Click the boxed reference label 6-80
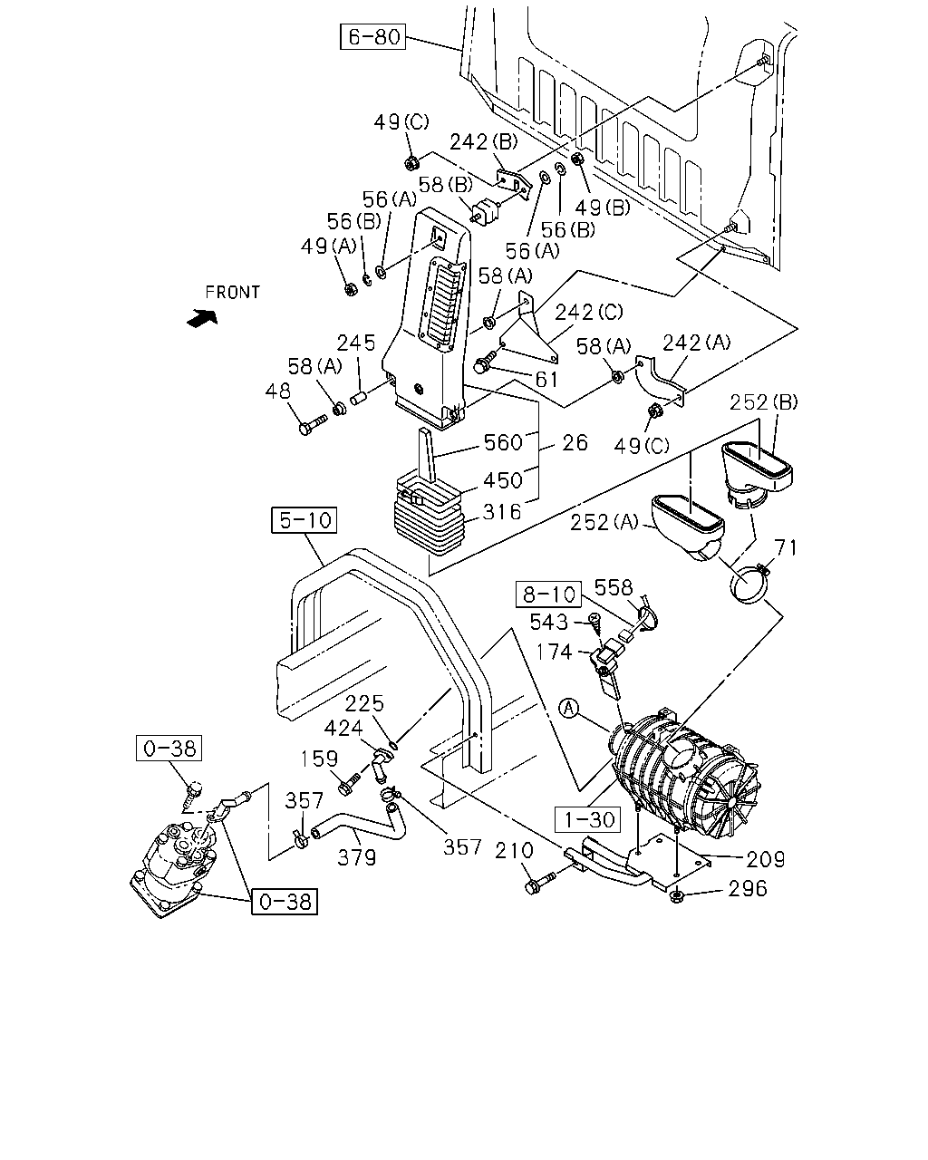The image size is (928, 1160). tap(372, 36)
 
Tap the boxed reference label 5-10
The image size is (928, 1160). tap(304, 520)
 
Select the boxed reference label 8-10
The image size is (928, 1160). tap(549, 594)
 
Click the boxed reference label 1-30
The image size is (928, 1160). tap(588, 820)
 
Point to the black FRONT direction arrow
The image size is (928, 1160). tap(202, 318)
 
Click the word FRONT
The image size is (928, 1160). tap(232, 293)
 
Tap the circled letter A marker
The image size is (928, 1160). tap(568, 708)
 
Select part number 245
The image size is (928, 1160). tap(356, 343)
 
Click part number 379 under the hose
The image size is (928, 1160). tap(356, 857)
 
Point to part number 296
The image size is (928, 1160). tap(748, 889)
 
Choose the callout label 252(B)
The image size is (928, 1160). tap(764, 402)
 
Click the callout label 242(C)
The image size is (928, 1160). tap(589, 312)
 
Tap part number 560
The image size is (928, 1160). tap(503, 442)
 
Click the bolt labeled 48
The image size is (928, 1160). tap(313, 424)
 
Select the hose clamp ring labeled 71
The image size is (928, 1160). tap(749, 584)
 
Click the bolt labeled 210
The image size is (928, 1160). tap(541, 883)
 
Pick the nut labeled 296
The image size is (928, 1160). tap(676, 897)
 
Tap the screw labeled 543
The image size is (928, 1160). tap(594, 624)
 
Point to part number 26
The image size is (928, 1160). tap(575, 443)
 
